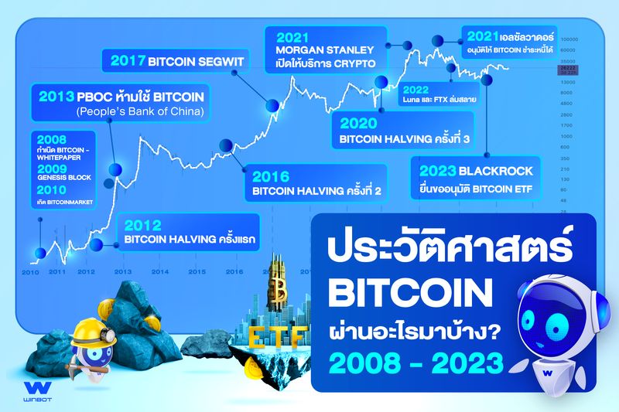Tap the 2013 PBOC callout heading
pyautogui.click(x=120, y=98)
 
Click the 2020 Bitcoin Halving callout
pyautogui.click(x=404, y=132)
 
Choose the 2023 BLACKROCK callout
pyautogui.click(x=476, y=179)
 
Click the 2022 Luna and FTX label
pyautogui.click(x=439, y=94)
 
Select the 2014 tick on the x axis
pyautogui.click(x=159, y=272)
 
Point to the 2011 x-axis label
pyautogui.click(x=56, y=272)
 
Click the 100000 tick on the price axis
pyautogui.click(x=571, y=38)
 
